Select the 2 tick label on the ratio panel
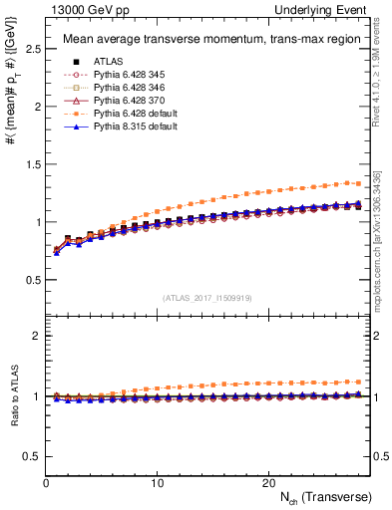[35, 336]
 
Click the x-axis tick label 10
[157, 482]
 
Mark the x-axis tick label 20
[267, 482]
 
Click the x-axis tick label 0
[46, 482]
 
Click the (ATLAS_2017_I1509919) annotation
[206, 297]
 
